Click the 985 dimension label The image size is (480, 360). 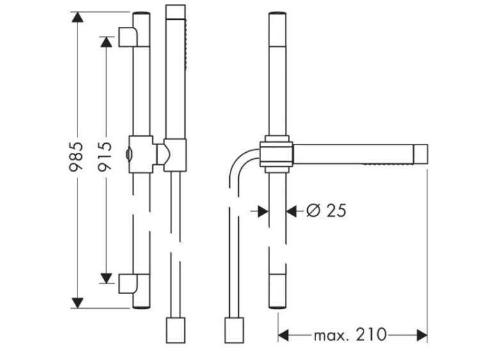[76, 156]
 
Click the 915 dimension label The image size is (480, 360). [105, 156]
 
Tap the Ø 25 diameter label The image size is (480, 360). [326, 210]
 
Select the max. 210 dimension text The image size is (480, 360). [350, 334]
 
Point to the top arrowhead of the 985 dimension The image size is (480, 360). [77, 17]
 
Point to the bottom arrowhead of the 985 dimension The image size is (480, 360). [77, 303]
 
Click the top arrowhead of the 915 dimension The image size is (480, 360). [106, 42]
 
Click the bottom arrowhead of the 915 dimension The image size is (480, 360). [106, 278]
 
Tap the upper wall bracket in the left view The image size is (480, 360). [128, 36]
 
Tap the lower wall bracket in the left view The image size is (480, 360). [128, 283]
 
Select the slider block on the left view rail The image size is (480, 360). [141, 154]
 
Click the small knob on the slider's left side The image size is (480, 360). [128, 154]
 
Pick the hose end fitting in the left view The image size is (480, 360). [175, 331]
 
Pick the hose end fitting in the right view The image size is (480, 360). [234, 331]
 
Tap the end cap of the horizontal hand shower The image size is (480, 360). [420, 154]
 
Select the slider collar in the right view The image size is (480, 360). [276, 154]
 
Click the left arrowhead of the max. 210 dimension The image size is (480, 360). [283, 335]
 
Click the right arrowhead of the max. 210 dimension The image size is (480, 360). [422, 335]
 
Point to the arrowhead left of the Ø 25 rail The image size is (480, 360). [263, 211]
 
